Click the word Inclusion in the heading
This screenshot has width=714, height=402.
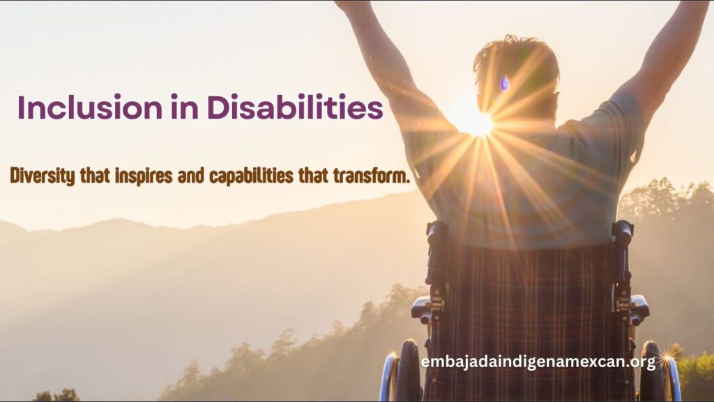click(90, 107)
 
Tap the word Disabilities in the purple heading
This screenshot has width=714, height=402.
click(295, 107)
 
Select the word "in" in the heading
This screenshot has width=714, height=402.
click(185, 107)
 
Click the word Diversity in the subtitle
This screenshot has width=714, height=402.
click(43, 176)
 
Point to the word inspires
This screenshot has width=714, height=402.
click(144, 177)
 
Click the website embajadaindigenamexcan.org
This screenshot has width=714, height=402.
click(538, 362)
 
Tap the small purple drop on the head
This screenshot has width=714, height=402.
click(505, 83)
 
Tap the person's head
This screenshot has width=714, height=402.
click(516, 73)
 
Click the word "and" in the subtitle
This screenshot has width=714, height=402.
click(191, 177)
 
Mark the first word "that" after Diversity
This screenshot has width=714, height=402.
click(95, 176)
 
